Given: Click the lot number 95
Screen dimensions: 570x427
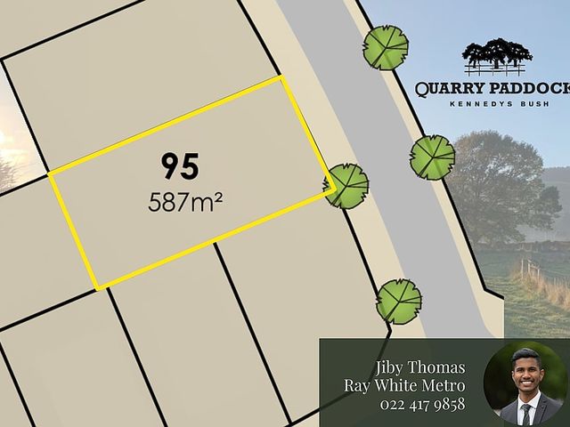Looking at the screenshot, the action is click(x=181, y=165).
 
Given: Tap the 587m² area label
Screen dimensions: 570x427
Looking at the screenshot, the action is click(x=185, y=201).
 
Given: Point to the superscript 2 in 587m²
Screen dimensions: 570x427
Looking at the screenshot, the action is click(x=216, y=195).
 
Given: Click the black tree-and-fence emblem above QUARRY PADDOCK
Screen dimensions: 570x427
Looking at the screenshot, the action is click(x=496, y=56).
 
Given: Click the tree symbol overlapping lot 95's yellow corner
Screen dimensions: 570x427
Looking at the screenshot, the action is click(x=346, y=186).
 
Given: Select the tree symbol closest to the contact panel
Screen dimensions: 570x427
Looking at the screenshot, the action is click(x=398, y=301).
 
